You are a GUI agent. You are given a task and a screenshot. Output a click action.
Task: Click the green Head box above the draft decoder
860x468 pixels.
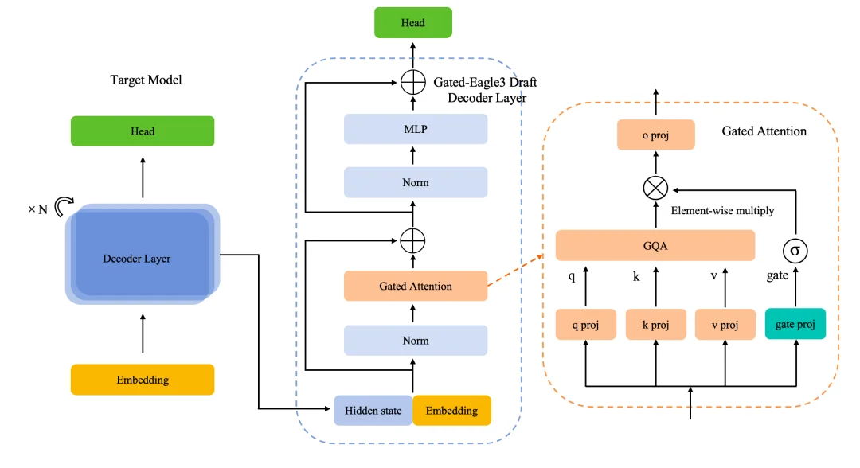pyautogui.click(x=412, y=22)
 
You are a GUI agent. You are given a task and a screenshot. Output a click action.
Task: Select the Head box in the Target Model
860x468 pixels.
pyautogui.click(x=143, y=131)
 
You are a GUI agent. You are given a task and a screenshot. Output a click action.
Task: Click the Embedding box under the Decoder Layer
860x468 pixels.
pyautogui.click(x=143, y=380)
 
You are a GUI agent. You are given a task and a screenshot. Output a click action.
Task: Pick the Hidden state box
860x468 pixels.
pyautogui.click(x=373, y=411)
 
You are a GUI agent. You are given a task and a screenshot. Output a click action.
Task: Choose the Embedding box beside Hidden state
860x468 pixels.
pyautogui.click(x=451, y=411)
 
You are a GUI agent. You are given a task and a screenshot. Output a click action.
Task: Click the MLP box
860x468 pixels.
pyautogui.click(x=415, y=129)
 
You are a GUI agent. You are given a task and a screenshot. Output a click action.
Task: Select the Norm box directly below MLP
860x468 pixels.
pyautogui.click(x=415, y=182)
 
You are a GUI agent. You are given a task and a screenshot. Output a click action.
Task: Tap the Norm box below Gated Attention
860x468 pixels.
pyautogui.click(x=415, y=340)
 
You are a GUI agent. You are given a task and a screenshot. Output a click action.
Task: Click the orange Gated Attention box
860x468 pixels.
pyautogui.click(x=415, y=286)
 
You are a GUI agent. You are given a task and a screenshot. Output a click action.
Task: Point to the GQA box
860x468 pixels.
pyautogui.click(x=655, y=246)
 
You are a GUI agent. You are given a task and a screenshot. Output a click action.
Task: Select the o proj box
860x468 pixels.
pyautogui.click(x=655, y=135)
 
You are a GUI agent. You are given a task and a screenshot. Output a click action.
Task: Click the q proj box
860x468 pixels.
pyautogui.click(x=585, y=325)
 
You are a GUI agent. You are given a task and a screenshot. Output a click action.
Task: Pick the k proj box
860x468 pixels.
pyautogui.click(x=655, y=325)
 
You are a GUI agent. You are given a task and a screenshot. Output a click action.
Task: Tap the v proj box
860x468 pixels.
pyautogui.click(x=724, y=325)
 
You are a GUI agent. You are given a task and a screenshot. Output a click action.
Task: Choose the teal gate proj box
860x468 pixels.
pyautogui.click(x=795, y=325)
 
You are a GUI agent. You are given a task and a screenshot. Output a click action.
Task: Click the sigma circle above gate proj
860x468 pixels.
pyautogui.click(x=795, y=251)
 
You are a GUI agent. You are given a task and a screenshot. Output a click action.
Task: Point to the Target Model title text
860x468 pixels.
pyautogui.click(x=146, y=80)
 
